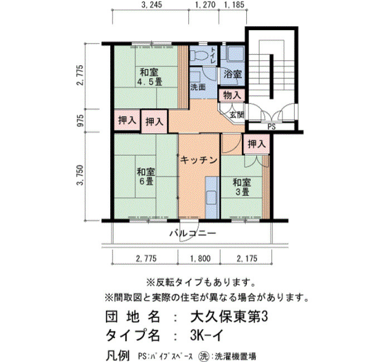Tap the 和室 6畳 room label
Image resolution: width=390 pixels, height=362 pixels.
pos(146,177)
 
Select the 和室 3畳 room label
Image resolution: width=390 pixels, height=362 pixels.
pos(241,187)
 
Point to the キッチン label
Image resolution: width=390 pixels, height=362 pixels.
pos(199,160)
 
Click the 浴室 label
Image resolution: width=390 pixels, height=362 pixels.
pos(232,74)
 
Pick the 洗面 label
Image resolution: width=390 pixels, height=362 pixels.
pos(198,87)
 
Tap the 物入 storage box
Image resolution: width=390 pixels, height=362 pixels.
pos(232,95)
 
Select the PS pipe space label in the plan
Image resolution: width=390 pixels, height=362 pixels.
pos(272,127)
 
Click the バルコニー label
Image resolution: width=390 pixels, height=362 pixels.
pos(193,233)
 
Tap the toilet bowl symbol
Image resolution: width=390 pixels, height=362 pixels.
pos(198,55)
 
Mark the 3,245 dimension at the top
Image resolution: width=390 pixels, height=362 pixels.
pos(151,4)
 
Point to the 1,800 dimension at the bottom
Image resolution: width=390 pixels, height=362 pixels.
pos(200,258)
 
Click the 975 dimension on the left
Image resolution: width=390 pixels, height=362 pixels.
pos(81,121)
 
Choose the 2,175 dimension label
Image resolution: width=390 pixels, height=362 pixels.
pos(247,258)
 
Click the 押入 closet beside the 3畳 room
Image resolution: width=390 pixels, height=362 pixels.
pos(256,144)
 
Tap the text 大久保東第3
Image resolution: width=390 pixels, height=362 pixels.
pos(229,317)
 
